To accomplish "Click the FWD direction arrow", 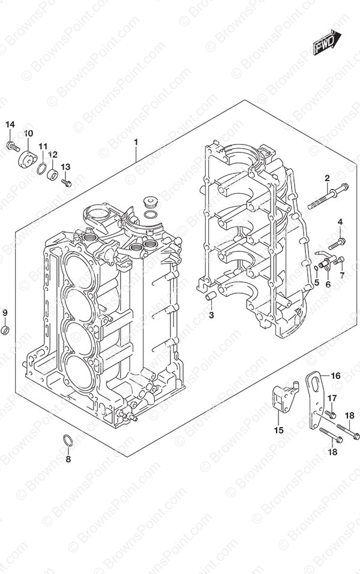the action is [326, 43].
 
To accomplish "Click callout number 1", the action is [136, 142].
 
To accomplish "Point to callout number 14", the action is [10, 125].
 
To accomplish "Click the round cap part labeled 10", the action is [28, 159].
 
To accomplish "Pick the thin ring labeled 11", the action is [42, 169].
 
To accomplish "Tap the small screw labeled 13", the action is [66, 183].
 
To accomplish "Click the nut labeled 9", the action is [5, 330].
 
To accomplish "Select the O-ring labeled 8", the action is [68, 441].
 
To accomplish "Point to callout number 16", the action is [335, 375].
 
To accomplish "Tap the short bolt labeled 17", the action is [331, 414].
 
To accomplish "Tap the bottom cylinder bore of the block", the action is [79, 372].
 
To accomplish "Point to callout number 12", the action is [53, 155].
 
